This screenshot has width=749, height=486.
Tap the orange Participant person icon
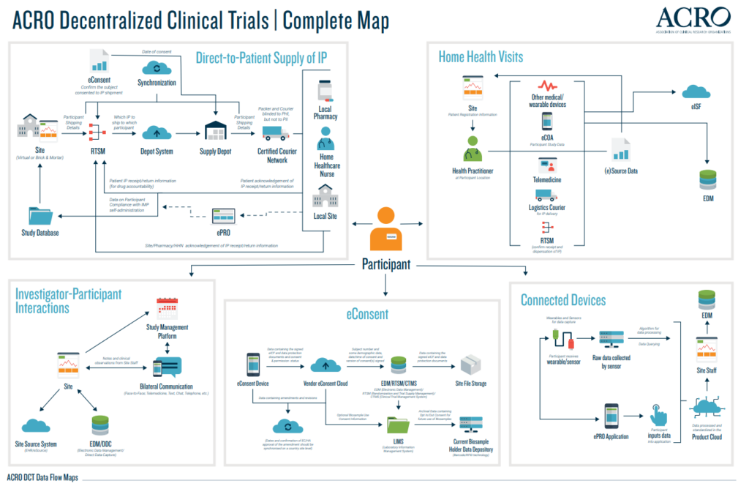385,227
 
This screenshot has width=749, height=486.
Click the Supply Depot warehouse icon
217,132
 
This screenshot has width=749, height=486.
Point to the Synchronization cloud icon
156,68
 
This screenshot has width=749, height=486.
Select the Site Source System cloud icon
35,426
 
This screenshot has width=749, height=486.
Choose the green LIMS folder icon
399,425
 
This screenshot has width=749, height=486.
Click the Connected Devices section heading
563,300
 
